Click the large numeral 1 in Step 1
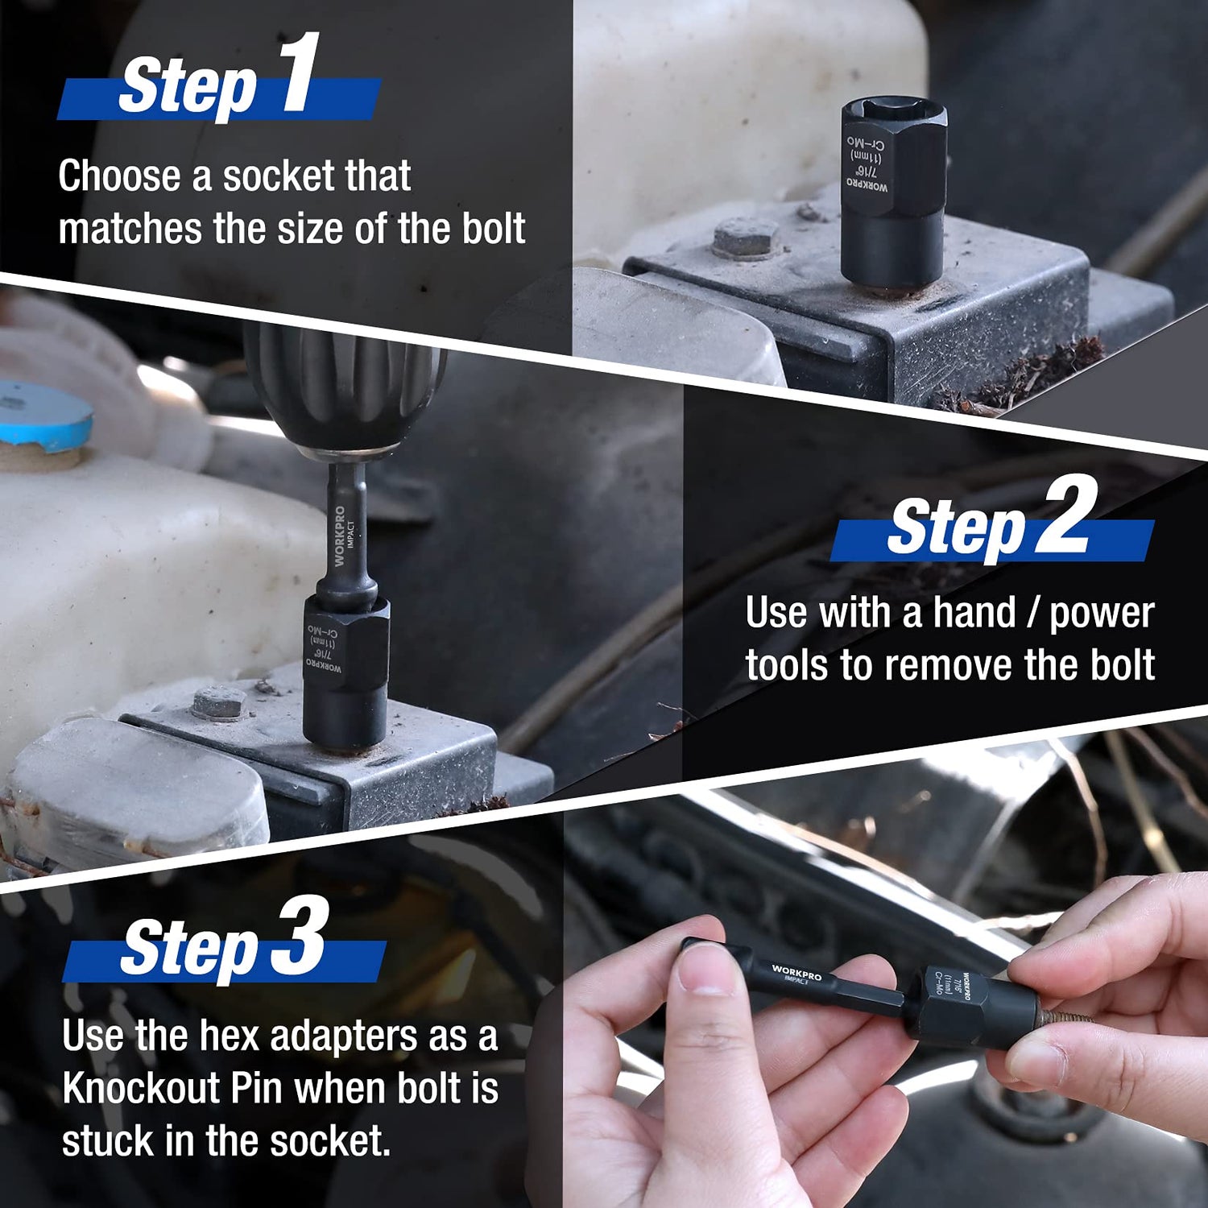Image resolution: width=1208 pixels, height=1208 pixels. pyautogui.click(x=300, y=74)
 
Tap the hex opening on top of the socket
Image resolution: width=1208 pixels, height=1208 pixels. pyautogui.click(x=892, y=113)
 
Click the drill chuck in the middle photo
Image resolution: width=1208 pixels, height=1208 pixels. pyautogui.click(x=345, y=387)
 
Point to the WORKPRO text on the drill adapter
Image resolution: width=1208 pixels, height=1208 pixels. pyautogui.click(x=339, y=536)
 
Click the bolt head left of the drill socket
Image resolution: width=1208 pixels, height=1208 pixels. pyautogui.click(x=218, y=703)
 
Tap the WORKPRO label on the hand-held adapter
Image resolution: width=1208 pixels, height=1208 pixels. pyautogui.click(x=796, y=972)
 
